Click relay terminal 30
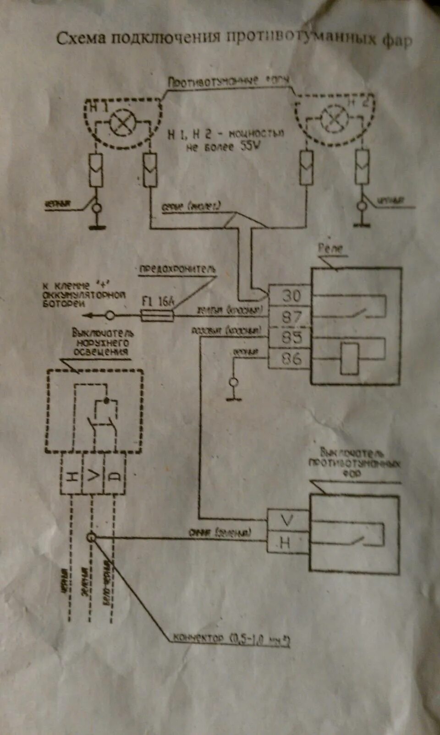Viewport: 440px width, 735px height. click(x=291, y=295)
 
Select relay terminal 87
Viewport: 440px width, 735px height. click(x=291, y=316)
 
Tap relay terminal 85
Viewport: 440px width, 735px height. click(x=291, y=338)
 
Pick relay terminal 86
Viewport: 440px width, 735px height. click(x=291, y=358)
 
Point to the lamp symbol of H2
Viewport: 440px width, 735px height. click(x=334, y=118)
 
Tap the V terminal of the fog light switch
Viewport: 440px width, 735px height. click(x=287, y=520)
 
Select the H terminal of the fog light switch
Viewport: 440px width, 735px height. click(x=286, y=543)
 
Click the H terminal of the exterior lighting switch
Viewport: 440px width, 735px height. click(x=71, y=476)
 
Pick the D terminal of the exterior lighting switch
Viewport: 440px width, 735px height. click(x=115, y=476)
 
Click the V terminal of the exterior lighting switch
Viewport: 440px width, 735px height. click(x=93, y=476)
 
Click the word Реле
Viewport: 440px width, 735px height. click(x=330, y=249)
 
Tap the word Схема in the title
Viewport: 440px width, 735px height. click(x=82, y=38)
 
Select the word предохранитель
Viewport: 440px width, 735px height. click(x=177, y=269)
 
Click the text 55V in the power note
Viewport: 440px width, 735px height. click(x=249, y=147)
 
